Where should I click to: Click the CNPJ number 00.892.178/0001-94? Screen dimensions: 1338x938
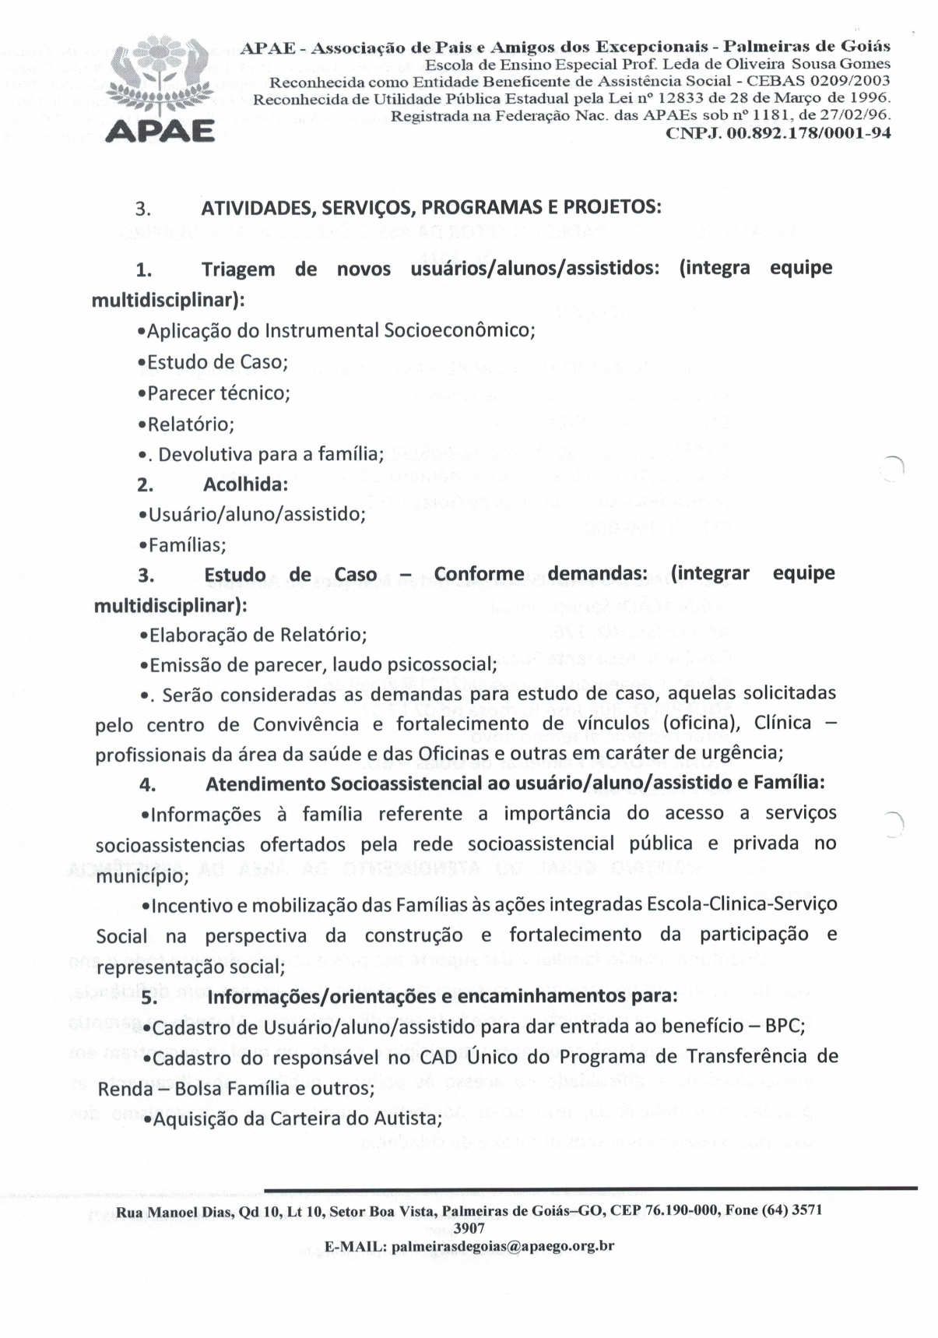point(778,132)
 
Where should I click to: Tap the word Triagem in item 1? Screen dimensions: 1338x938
point(238,269)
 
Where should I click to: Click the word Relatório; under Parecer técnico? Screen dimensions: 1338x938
point(190,424)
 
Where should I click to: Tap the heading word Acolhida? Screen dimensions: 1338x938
point(245,484)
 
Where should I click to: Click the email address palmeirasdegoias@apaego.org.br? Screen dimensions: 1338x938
point(503,1245)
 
